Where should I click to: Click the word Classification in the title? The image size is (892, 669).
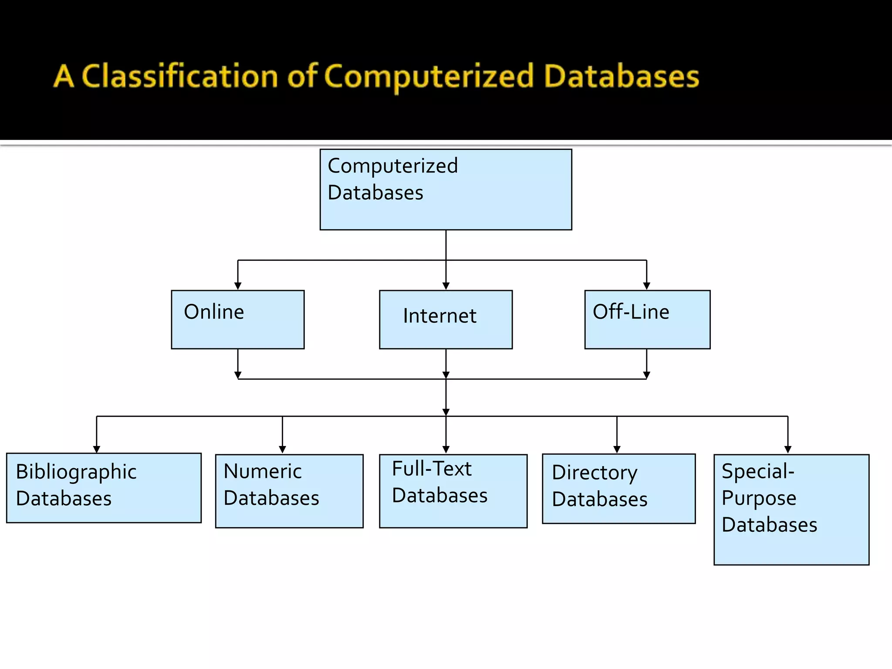click(x=180, y=76)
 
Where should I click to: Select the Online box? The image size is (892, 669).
click(x=238, y=320)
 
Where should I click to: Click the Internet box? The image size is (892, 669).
click(x=446, y=320)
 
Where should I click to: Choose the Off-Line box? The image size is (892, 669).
click(x=647, y=320)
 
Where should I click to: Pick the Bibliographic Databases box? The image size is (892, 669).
click(x=104, y=488)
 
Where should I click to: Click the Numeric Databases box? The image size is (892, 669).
click(x=289, y=491)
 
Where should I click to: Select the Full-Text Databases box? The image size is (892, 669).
click(x=453, y=491)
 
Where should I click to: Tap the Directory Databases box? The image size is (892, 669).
click(x=618, y=489)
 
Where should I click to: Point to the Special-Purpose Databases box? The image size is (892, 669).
click(x=791, y=510)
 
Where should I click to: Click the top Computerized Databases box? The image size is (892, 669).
click(x=446, y=189)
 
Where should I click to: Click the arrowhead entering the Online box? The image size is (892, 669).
click(x=238, y=286)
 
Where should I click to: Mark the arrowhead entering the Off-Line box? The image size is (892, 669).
click(x=647, y=286)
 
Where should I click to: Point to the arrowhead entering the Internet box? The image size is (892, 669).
click(x=446, y=286)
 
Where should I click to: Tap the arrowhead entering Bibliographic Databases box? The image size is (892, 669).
click(x=97, y=449)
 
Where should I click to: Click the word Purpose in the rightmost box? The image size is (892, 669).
click(x=759, y=498)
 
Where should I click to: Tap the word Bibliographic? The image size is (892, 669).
click(x=76, y=472)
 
